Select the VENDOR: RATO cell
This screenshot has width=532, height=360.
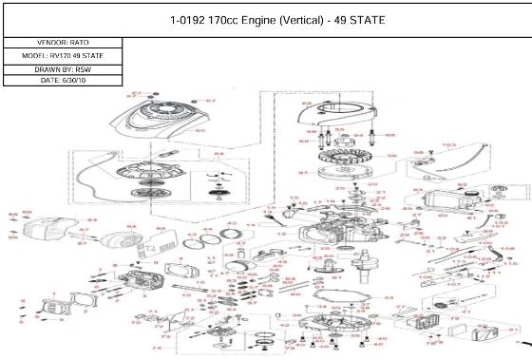click(x=64, y=43)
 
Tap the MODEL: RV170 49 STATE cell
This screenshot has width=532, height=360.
click(x=64, y=56)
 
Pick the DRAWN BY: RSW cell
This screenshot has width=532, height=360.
click(x=64, y=68)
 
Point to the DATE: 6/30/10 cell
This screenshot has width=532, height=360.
click(x=64, y=81)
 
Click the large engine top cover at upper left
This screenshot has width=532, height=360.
click(x=161, y=124)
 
